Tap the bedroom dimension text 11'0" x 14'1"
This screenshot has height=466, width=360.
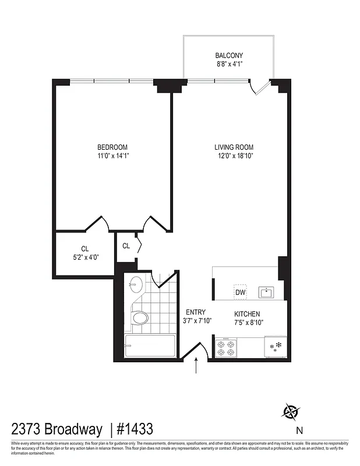pyautogui.click(x=112, y=156)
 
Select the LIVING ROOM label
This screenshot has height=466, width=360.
pyautogui.click(x=234, y=147)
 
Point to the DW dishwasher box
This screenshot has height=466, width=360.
pyautogui.click(x=240, y=292)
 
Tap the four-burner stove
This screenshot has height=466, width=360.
pyautogui.click(x=227, y=348)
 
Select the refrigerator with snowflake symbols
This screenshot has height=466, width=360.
pyautogui.click(x=275, y=347)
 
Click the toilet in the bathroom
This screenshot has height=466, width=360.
pyautogui.click(x=139, y=318)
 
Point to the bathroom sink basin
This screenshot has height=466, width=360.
pyautogui.click(x=135, y=285)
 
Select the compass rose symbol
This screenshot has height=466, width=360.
pyautogui.click(x=290, y=412)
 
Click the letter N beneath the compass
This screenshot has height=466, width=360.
pyautogui.click(x=299, y=431)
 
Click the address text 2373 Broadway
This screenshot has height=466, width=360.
pyautogui.click(x=55, y=430)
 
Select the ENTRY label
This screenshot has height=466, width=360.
pyautogui.click(x=195, y=312)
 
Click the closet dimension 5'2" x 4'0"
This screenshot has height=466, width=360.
pyautogui.click(x=84, y=256)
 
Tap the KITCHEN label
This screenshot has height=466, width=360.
pyautogui.click(x=246, y=314)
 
